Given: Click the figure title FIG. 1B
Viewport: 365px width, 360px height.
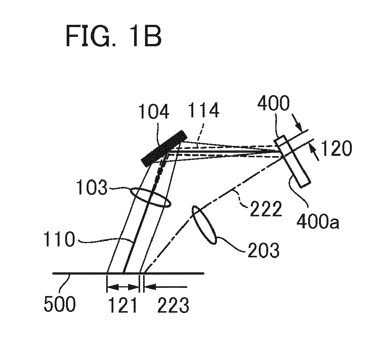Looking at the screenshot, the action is click(114, 36).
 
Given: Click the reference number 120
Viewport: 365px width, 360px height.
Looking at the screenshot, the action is click(336, 148).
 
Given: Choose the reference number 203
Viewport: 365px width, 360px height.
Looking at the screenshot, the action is click(264, 250).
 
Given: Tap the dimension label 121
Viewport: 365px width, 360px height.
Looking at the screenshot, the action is click(123, 305).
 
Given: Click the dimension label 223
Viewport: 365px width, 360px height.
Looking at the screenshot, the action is click(173, 305).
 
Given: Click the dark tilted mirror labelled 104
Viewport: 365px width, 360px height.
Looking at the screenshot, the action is click(164, 149).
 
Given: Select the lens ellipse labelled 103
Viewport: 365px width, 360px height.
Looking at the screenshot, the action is click(150, 197).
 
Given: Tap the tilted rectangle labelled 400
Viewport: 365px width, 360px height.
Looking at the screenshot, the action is click(292, 161).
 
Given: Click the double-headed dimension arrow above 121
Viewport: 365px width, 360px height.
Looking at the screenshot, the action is click(123, 287).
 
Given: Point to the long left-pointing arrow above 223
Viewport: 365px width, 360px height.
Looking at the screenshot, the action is click(165, 287).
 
